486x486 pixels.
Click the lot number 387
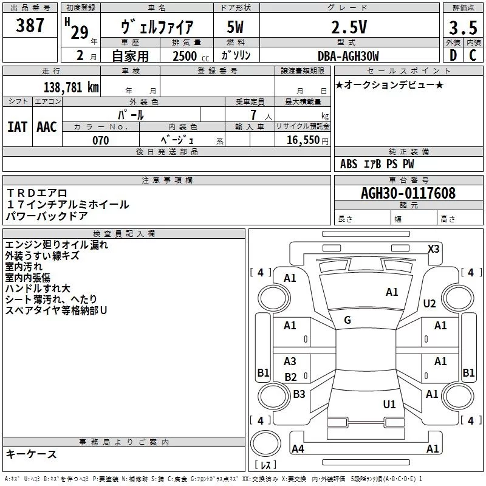pyautogui.click(x=30, y=26)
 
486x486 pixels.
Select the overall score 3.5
pyautogui.click(x=462, y=27)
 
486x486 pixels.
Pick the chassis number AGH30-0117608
pyautogui.click(x=408, y=194)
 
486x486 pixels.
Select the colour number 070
pyautogui.click(x=100, y=140)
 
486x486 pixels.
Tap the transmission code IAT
pyautogui.click(x=17, y=126)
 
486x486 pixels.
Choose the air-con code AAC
pyautogui.click(x=46, y=126)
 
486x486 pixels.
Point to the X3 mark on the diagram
pyautogui.click(x=433, y=248)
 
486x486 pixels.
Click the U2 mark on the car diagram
pyautogui.click(x=430, y=303)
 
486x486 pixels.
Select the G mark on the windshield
pyautogui.click(x=347, y=320)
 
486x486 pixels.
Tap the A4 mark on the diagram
pyautogui.click(x=298, y=449)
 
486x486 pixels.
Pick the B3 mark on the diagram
pyautogui.click(x=299, y=394)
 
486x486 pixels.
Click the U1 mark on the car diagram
pyautogui.click(x=389, y=404)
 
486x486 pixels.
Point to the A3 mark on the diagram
pyautogui.click(x=290, y=361)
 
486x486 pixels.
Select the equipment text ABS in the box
pyautogui.click(x=349, y=164)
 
